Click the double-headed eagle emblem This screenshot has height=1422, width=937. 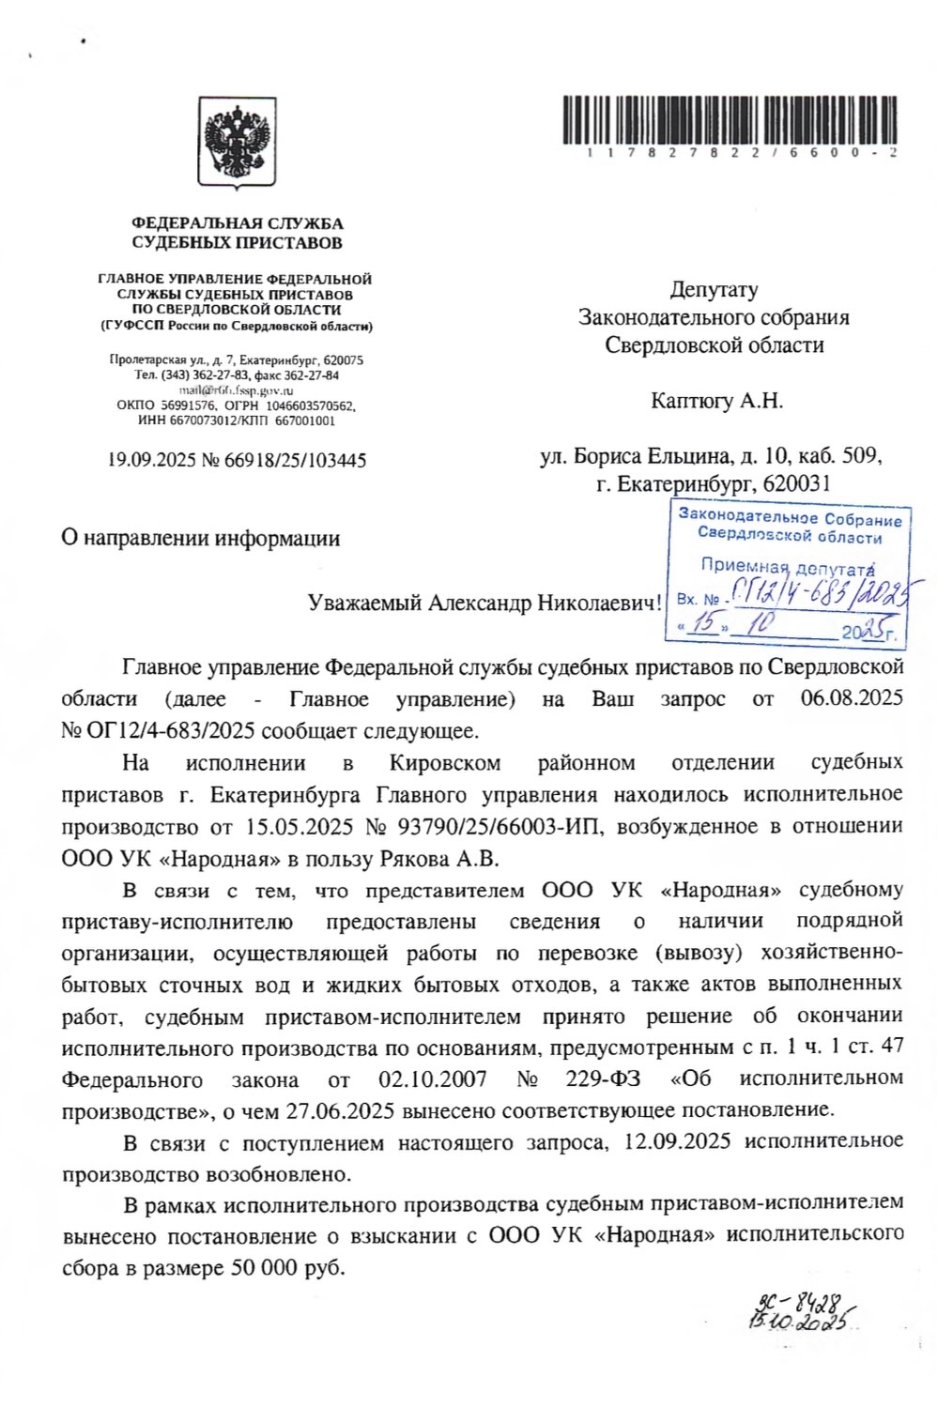point(237,142)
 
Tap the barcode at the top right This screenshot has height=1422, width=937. point(730,119)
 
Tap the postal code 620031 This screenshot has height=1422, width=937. point(797,484)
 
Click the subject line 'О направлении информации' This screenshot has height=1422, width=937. point(200,538)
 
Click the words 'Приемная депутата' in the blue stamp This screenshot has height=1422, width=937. point(788,566)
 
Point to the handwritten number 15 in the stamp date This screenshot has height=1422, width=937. point(699,624)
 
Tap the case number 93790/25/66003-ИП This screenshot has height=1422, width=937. point(498,826)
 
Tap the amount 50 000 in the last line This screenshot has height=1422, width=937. point(260,1267)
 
